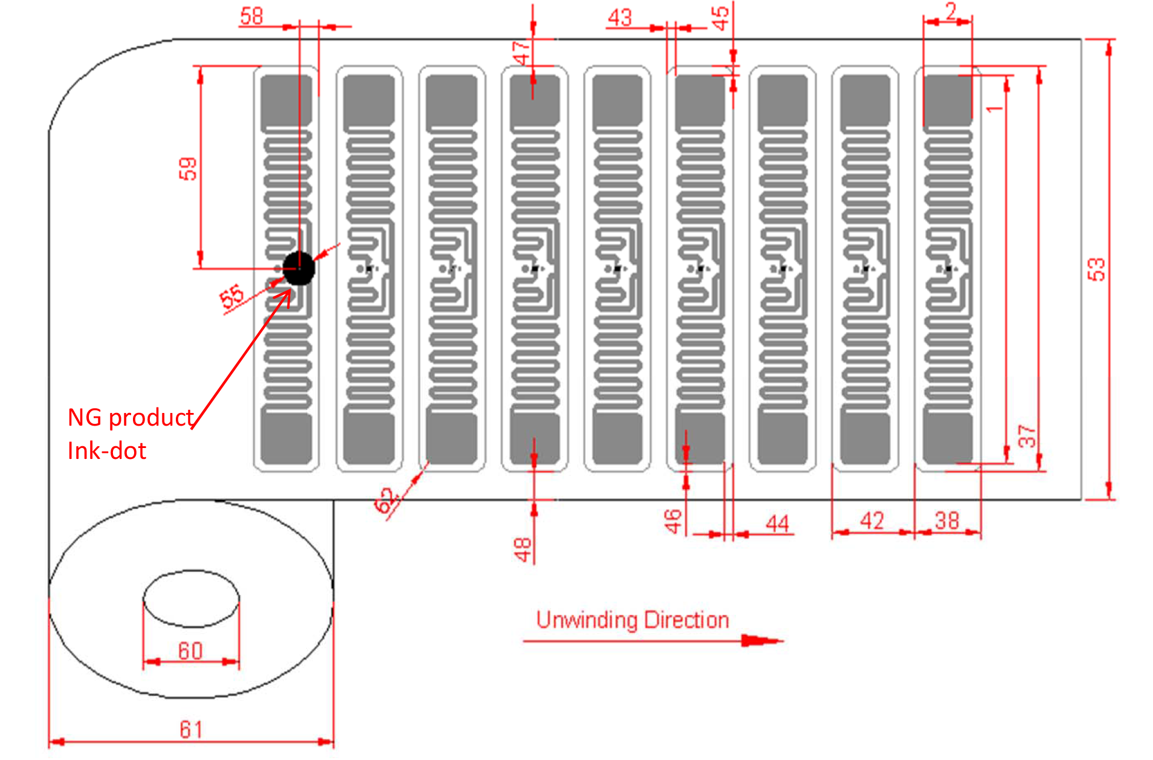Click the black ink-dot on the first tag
point(299,268)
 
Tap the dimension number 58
point(251,16)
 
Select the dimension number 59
point(188,169)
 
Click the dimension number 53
point(1096,269)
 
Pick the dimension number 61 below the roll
point(191,729)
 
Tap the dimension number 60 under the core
point(190,651)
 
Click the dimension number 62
point(384,501)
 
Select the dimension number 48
point(523,550)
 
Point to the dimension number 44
point(777,523)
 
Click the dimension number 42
point(872,521)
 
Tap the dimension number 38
point(947,521)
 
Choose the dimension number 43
point(620,18)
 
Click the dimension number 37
point(1026,436)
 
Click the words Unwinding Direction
point(633,620)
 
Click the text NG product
point(130,418)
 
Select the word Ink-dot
point(107,451)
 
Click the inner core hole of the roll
point(191,599)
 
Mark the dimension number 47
point(521,53)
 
